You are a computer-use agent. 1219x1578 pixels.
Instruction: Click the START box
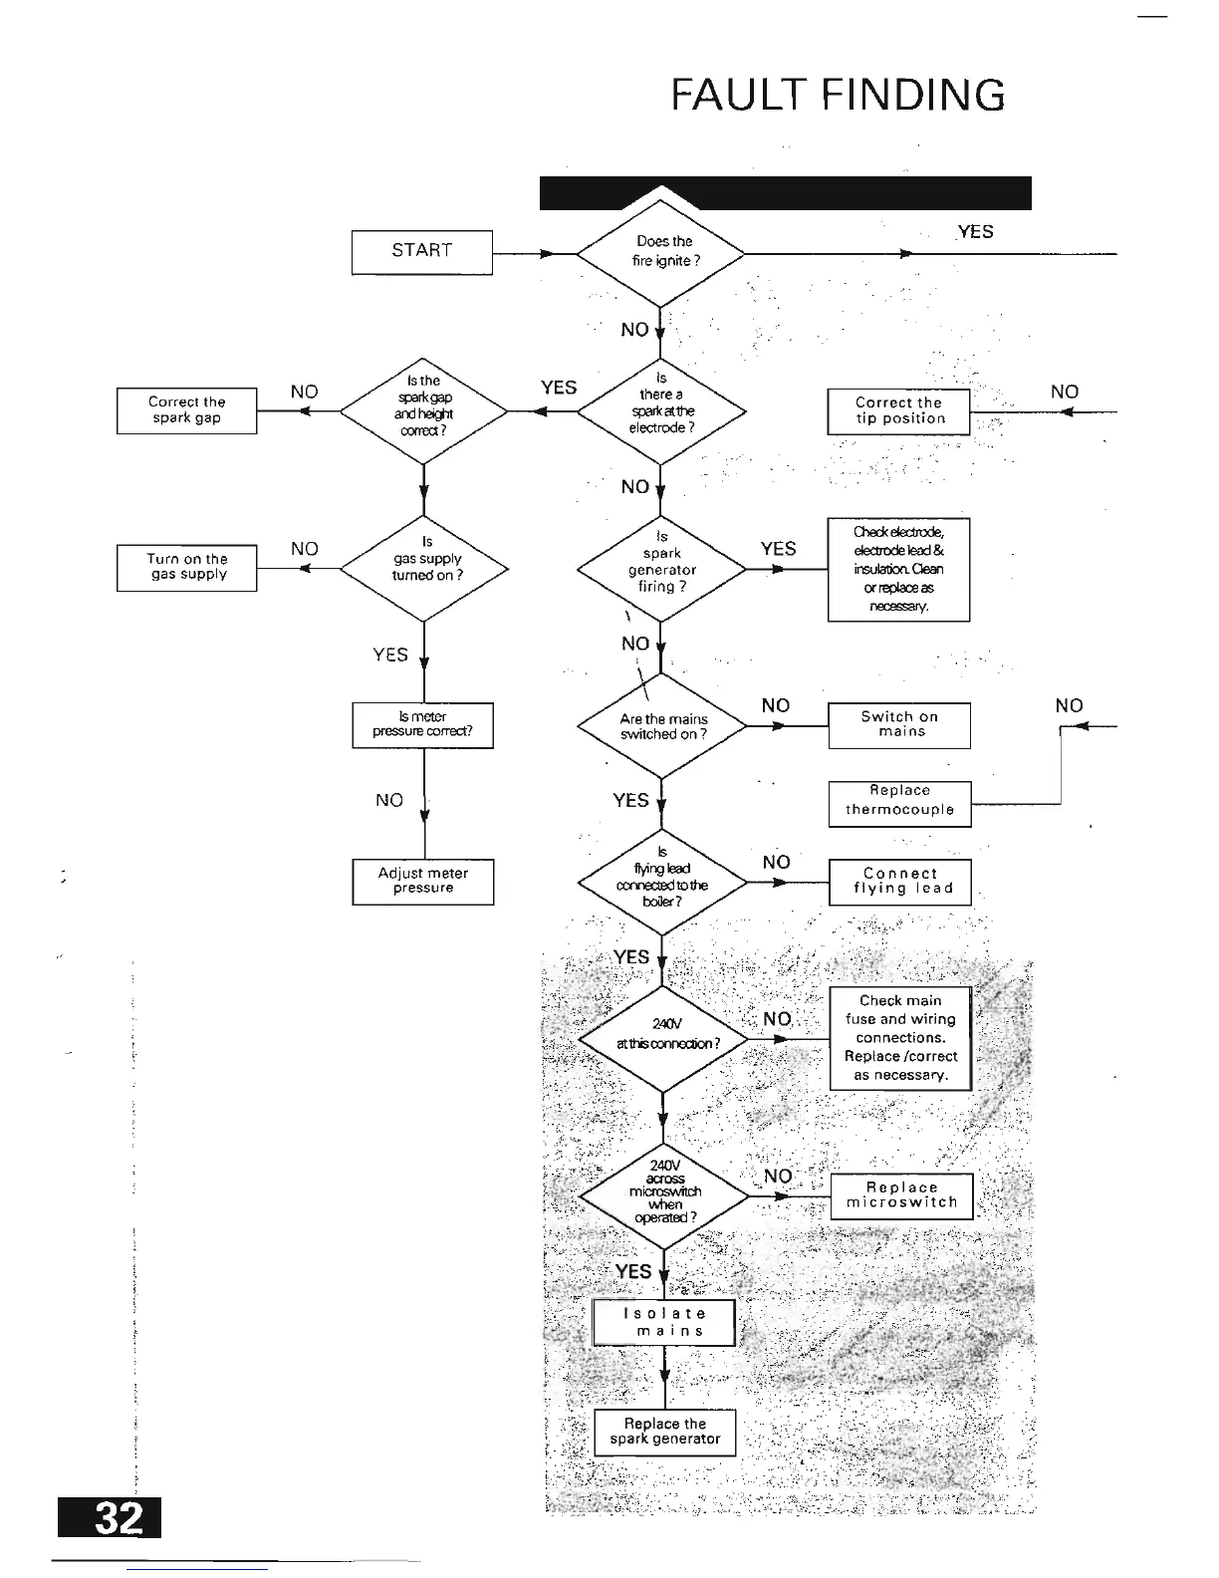tap(421, 252)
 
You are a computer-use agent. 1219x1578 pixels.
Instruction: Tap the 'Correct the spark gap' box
tap(186, 410)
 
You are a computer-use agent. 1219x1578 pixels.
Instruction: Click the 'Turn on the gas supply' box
tap(186, 567)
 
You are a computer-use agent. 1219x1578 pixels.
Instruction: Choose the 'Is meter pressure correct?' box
tap(422, 724)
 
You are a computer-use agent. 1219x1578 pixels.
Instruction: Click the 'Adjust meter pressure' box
tap(422, 882)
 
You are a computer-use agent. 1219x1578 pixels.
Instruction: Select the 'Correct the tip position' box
tap(898, 411)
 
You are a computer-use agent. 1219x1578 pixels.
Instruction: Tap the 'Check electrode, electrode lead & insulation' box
tap(898, 569)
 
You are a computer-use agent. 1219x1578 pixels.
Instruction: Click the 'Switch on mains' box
tap(899, 724)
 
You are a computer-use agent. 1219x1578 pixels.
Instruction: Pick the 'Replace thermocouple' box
tap(899, 802)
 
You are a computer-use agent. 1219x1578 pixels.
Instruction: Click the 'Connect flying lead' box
tap(899, 882)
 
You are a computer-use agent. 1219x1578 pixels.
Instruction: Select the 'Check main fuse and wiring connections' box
tap(900, 1038)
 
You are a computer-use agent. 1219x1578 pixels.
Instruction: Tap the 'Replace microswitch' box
tap(901, 1194)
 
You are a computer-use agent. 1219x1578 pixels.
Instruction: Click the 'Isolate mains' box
tap(664, 1322)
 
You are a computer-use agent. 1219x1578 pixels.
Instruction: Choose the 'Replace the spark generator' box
tap(664, 1432)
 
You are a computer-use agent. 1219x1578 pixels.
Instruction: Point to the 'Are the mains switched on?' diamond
tap(662, 726)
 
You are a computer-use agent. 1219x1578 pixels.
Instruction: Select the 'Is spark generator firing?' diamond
tap(662, 569)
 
